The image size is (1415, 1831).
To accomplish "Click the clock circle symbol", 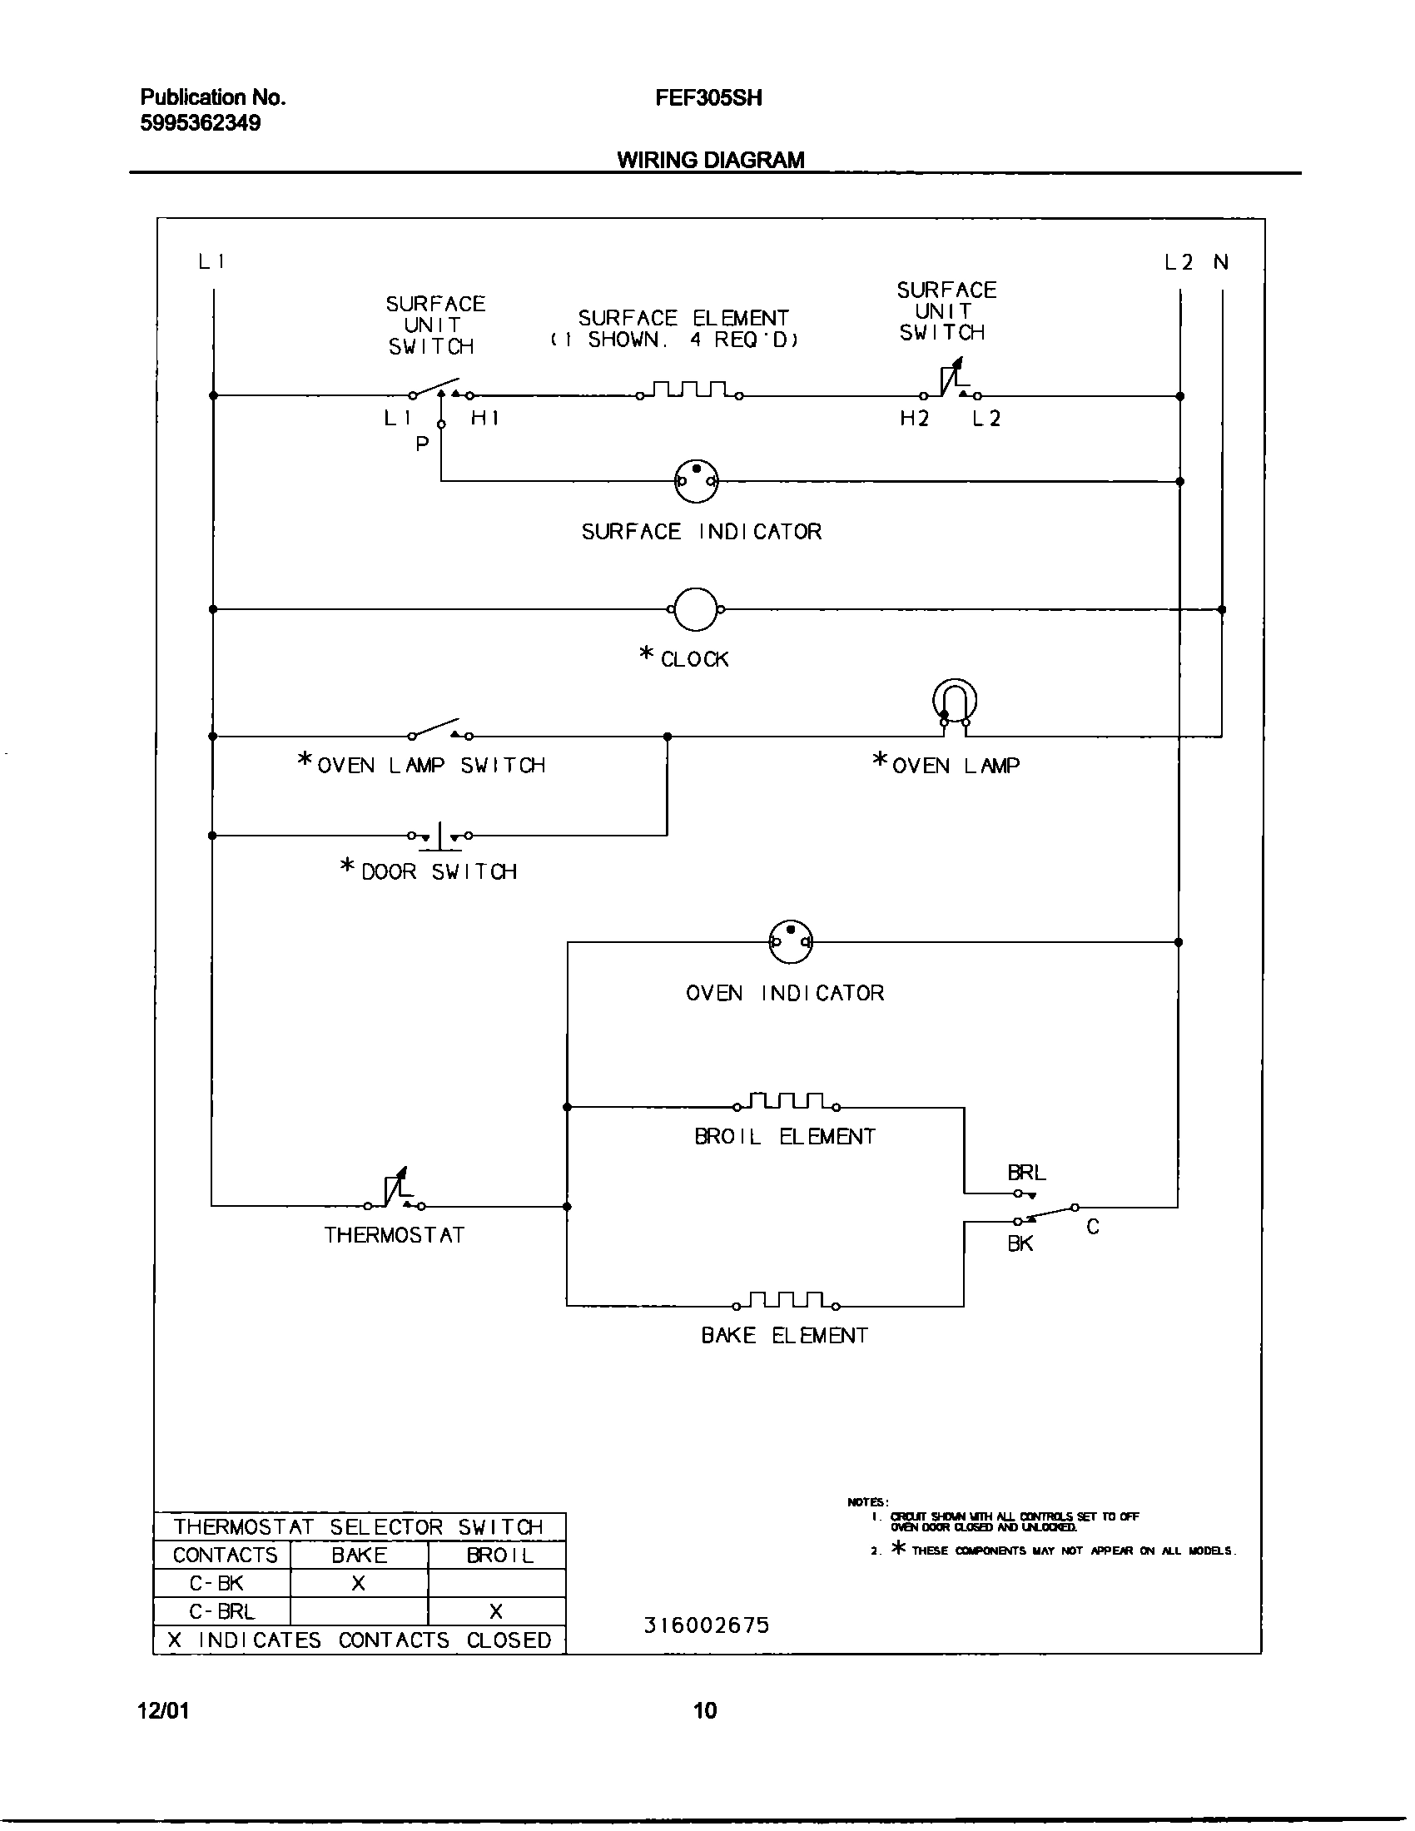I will pos(695,609).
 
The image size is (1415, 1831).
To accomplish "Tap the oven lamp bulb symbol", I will pos(955,701).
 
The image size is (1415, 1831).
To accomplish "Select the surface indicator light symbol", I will pos(696,481).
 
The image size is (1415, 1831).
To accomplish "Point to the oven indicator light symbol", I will pos(791,942).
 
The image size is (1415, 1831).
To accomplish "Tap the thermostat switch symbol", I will pos(395,1193).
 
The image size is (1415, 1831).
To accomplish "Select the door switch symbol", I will pos(440,836).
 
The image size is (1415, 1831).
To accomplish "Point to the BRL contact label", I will pos(1026,1173).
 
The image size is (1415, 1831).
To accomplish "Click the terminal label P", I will pos(423,444).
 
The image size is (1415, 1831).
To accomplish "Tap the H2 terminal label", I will pos(915,419).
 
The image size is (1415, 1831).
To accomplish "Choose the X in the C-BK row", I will pos(358,1583).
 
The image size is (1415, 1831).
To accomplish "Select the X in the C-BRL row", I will pos(495,1610).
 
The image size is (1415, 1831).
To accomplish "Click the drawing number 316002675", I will pos(706,1625).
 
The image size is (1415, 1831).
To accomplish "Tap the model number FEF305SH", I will pos(708,98).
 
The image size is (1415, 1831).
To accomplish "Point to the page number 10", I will pos(705,1709).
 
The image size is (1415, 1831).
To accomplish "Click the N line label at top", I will pos(1220,262).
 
